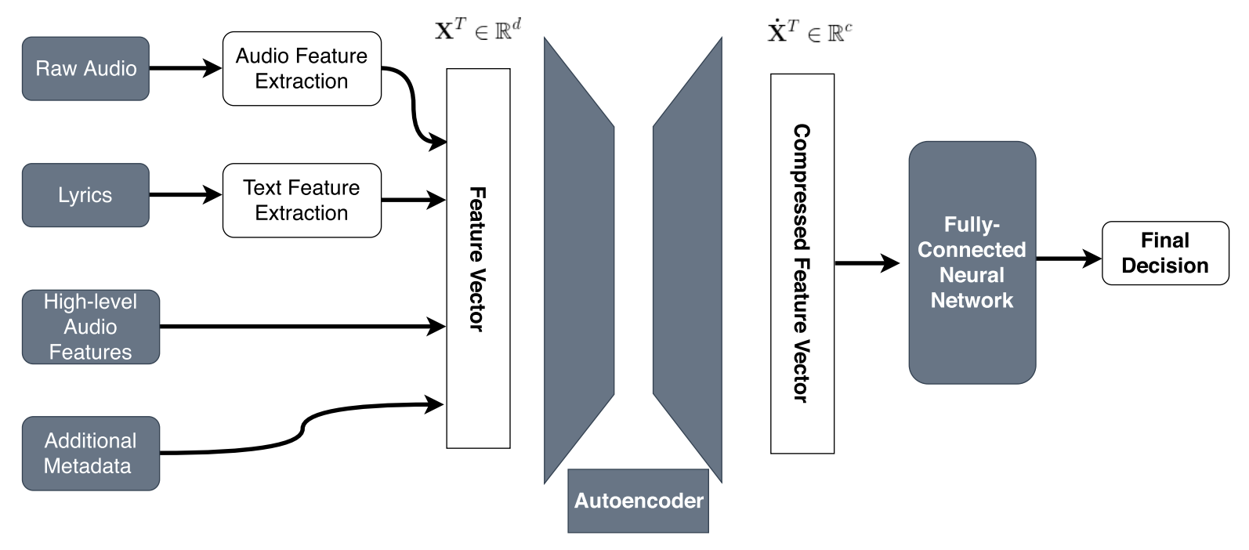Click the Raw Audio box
point(85,69)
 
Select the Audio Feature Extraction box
point(302,69)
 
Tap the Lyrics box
point(85,195)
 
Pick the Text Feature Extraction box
point(302,201)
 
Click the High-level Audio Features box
point(90,327)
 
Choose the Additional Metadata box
point(90,454)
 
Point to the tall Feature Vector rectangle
point(478,259)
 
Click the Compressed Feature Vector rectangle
point(802,263)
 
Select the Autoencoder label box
point(638,501)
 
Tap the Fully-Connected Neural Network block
point(972,262)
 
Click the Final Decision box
point(1165,253)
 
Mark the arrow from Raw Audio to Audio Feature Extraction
point(185,68)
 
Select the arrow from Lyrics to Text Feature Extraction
point(185,194)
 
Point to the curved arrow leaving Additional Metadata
point(302,427)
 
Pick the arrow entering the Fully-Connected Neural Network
point(867,263)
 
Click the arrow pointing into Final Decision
point(1069,258)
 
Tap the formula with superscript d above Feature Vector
point(477,31)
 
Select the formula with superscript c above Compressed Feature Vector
point(809,32)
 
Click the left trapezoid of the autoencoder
point(578,259)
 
